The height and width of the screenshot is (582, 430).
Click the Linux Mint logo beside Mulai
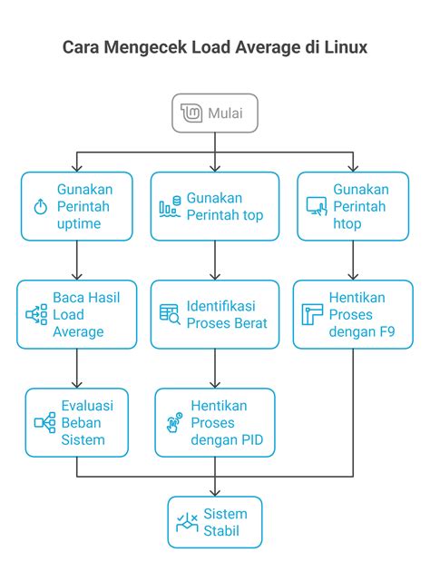[x=191, y=113]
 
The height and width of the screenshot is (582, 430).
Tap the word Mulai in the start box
[x=225, y=113]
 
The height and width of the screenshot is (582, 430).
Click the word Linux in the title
[x=346, y=47]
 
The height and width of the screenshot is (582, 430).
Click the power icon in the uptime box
[x=41, y=206]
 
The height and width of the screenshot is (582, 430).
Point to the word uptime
[x=79, y=224]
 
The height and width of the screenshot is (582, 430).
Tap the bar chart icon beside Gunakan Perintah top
[x=170, y=206]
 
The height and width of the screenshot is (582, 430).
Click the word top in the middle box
[x=253, y=215]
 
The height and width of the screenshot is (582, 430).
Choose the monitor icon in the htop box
[x=317, y=206]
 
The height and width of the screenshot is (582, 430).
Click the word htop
[x=347, y=224]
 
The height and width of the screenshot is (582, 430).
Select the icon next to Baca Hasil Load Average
[x=36, y=314]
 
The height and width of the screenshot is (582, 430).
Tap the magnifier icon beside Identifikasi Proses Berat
[x=170, y=314]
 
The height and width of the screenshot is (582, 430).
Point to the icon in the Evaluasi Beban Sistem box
[x=44, y=422]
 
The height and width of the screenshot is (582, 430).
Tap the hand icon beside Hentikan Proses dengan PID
[x=174, y=422]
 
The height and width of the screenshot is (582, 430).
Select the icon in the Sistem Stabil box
[x=187, y=522]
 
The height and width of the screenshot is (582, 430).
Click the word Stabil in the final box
[x=221, y=531]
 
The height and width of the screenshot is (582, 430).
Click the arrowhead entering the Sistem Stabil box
[x=215, y=492]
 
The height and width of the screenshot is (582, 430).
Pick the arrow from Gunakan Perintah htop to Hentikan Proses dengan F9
[x=353, y=261]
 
